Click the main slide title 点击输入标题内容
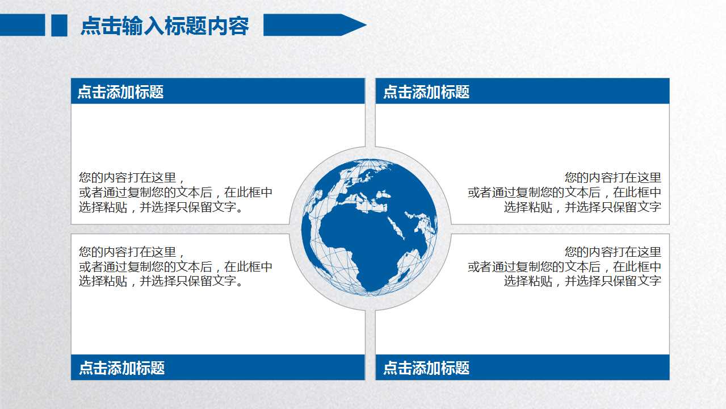click(x=165, y=26)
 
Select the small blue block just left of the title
click(x=59, y=26)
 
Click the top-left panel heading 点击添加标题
click(x=120, y=92)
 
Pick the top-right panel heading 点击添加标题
click(x=426, y=92)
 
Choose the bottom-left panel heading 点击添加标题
click(x=121, y=368)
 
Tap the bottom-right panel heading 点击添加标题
click(x=426, y=368)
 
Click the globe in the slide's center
click(x=370, y=227)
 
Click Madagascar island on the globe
click(x=404, y=276)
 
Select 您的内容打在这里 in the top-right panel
click(x=613, y=178)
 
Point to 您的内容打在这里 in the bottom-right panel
click(x=613, y=252)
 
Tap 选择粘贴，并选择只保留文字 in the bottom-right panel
click(x=582, y=281)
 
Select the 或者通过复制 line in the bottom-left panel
click(x=175, y=266)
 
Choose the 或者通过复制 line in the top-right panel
click(x=564, y=193)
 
